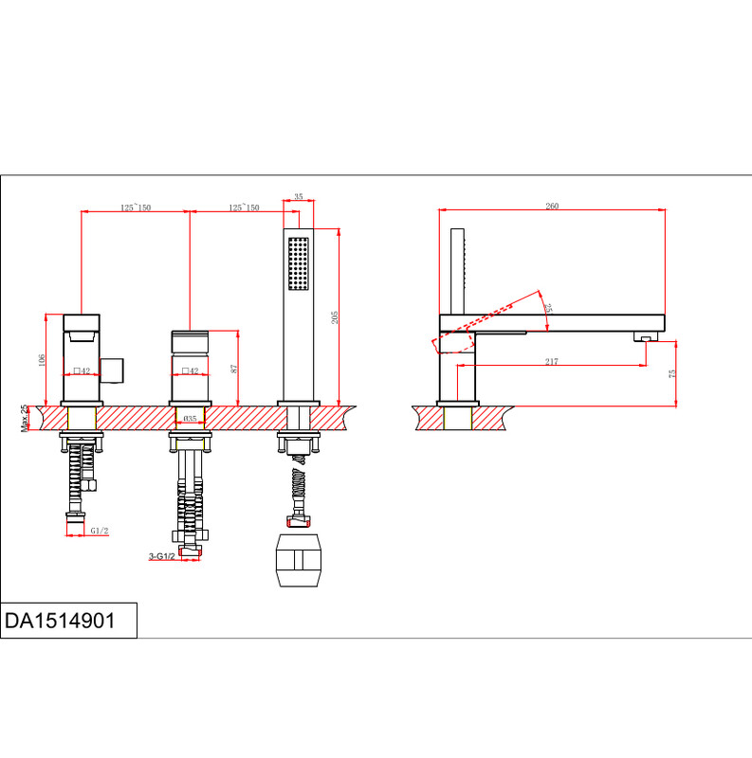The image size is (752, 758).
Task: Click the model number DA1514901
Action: click(60, 621)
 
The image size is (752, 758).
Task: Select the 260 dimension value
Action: click(552, 206)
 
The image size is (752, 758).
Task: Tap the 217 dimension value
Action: click(551, 361)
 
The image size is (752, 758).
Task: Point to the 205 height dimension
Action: click(335, 317)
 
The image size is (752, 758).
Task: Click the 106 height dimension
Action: click(42, 360)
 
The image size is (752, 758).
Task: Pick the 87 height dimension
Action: click(234, 369)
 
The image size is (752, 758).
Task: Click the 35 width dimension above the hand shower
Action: click(299, 196)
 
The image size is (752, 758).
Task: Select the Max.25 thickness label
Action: click(25, 418)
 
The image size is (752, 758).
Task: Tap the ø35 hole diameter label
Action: click(191, 418)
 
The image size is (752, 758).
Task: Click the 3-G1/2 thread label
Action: click(161, 556)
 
